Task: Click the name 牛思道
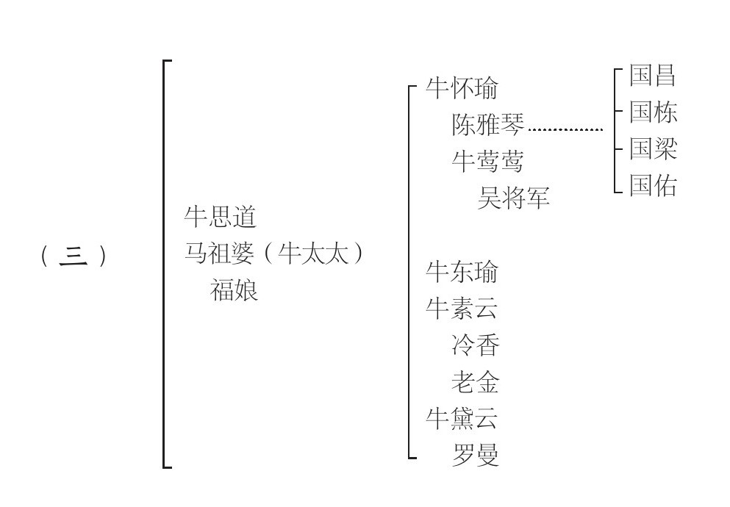[221, 217]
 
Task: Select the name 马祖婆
[221, 254]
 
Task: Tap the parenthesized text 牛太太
[313, 254]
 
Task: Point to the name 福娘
[234, 291]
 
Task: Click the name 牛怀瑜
[462, 88]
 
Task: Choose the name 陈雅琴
[488, 125]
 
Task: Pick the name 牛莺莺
[488, 162]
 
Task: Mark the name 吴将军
[514, 198]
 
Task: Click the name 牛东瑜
[462, 272]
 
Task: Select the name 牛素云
[462, 309]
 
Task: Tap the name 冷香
[476, 345]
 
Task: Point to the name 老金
[476, 382]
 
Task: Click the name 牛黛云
[462, 418]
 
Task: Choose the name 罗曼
[476, 455]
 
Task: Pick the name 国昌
[653, 75]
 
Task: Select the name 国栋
[653, 112]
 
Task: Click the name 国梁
[653, 149]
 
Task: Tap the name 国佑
[653, 186]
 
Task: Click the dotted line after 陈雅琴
[565, 130]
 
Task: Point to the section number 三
[74, 256]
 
